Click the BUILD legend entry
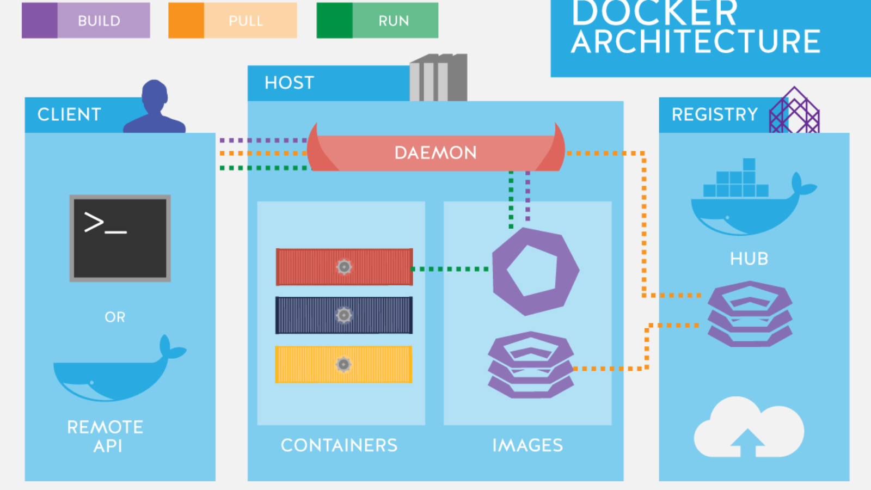(86, 21)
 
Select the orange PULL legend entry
(232, 21)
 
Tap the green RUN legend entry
(377, 21)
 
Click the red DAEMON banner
(436, 152)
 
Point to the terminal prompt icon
(120, 238)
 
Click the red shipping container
(344, 267)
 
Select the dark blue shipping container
(344, 315)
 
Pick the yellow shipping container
(344, 364)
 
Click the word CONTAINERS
(339, 445)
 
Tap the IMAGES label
(527, 445)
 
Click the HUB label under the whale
(749, 259)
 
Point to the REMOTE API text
(106, 436)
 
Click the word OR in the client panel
(115, 317)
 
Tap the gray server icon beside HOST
(438, 78)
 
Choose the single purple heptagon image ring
(535, 271)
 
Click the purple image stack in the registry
(750, 314)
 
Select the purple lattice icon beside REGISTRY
(794, 111)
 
